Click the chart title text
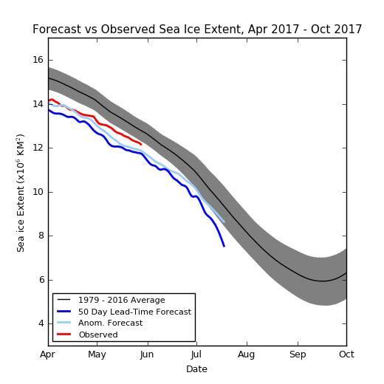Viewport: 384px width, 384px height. tap(197, 30)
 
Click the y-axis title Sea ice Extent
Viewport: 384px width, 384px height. tap(21, 192)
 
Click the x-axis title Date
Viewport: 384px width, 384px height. tap(196, 368)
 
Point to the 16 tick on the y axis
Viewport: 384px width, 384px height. tap(38, 60)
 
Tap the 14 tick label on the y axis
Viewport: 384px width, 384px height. tap(38, 104)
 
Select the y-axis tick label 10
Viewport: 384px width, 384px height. tap(38, 192)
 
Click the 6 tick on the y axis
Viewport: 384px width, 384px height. tap(41, 280)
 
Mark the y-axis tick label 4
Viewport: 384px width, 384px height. tap(41, 323)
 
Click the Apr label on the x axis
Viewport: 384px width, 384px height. tap(48, 354)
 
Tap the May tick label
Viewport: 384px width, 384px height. tap(97, 354)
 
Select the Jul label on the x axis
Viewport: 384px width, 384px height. tap(196, 354)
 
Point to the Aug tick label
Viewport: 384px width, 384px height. tap(247, 354)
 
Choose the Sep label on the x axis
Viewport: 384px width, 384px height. tap(298, 354)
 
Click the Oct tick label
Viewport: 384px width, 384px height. tap(346, 354)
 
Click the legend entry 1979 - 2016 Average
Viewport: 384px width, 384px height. tap(121, 301)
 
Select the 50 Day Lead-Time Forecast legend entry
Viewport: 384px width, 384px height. tap(134, 312)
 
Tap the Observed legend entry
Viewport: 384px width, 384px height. tap(97, 335)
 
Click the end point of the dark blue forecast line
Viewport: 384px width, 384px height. tap(224, 246)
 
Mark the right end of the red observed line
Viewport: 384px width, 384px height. tap(140, 144)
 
